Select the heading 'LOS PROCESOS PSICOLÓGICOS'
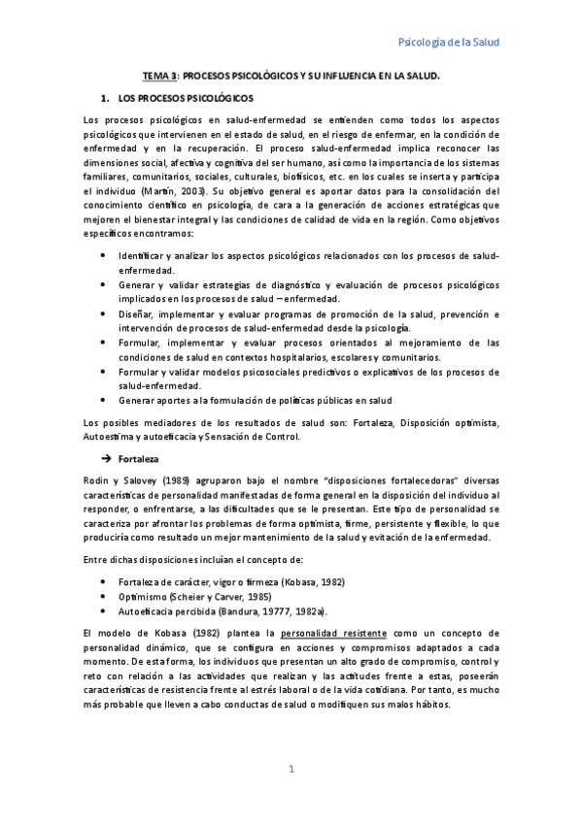tap(185, 98)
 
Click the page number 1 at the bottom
tap(291, 769)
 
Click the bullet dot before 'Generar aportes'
tap(104, 400)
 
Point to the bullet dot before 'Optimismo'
tap(104, 596)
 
